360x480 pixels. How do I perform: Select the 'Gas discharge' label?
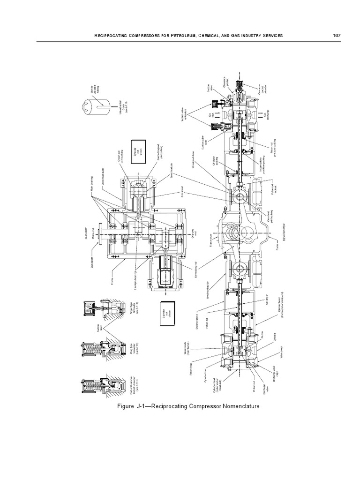(266, 115)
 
